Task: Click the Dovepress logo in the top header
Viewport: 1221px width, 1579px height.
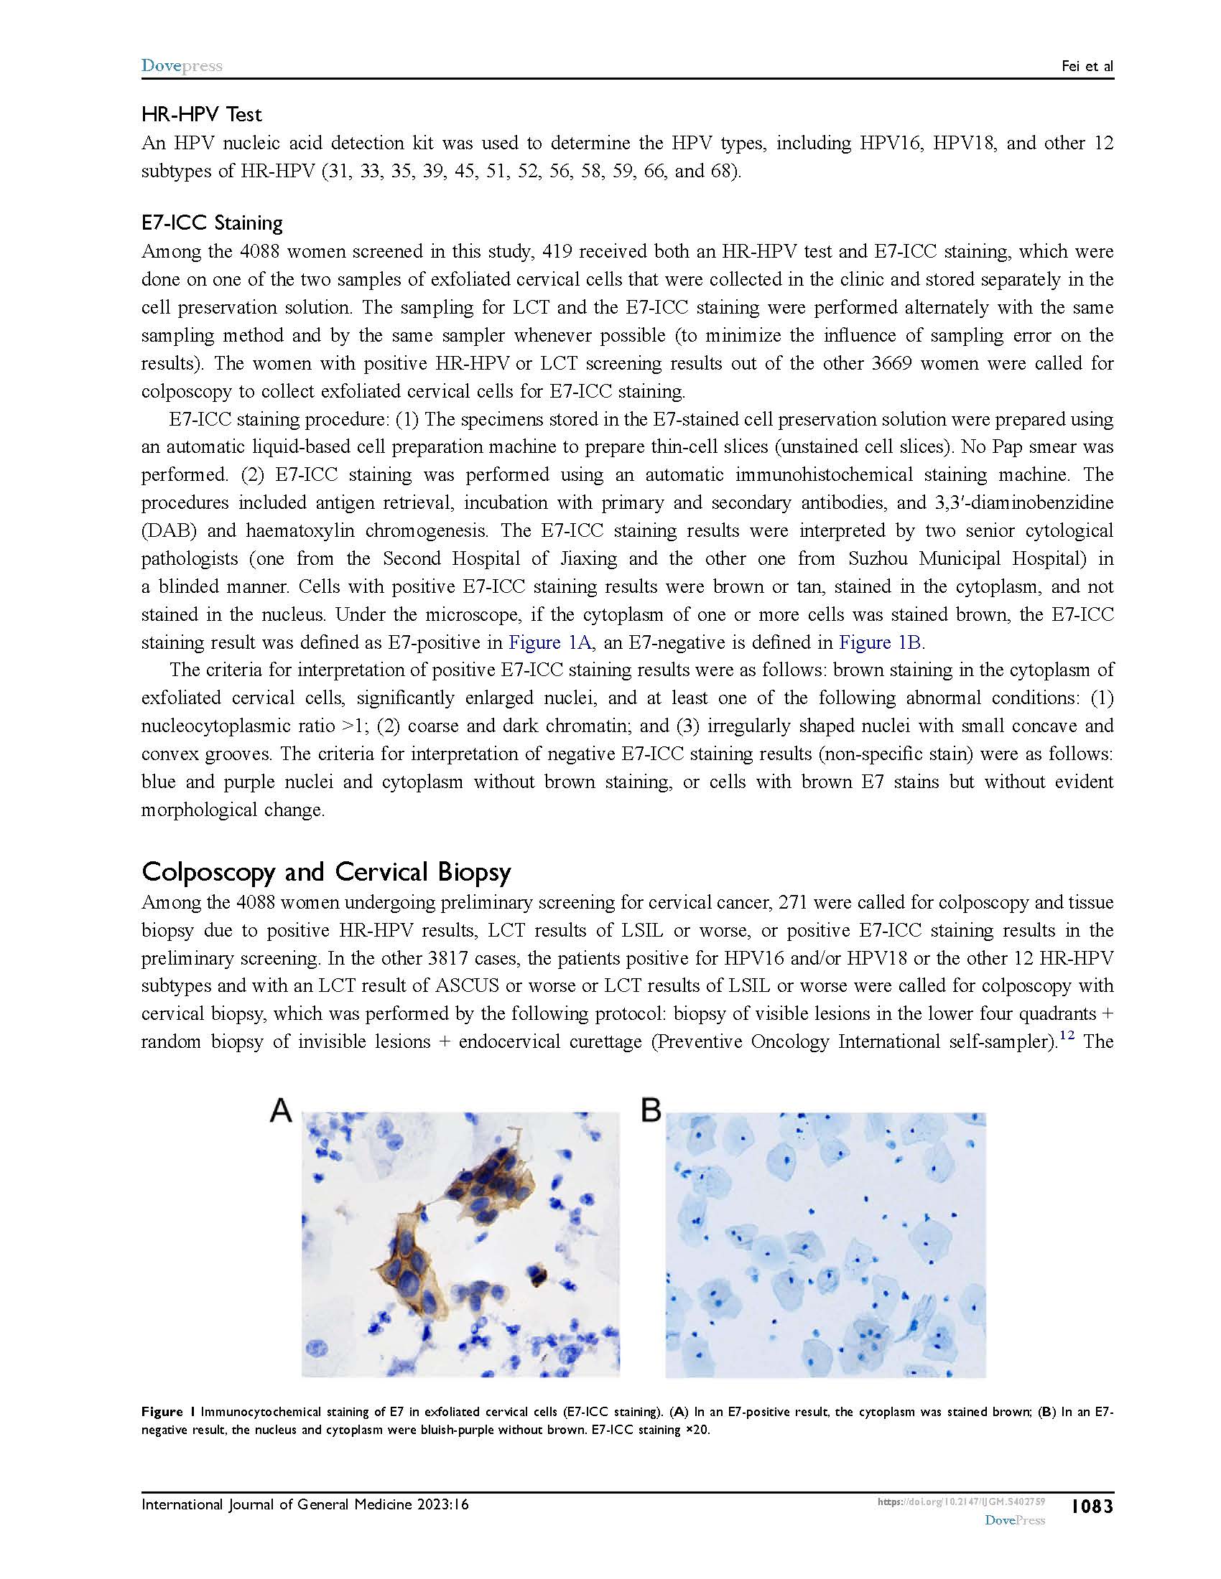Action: (182, 66)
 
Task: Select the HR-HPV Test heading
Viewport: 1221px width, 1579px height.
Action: (202, 114)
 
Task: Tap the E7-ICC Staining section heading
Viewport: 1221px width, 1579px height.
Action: (212, 222)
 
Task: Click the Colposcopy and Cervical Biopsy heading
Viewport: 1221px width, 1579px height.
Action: (326, 872)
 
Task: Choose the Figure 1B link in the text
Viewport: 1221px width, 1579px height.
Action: (880, 643)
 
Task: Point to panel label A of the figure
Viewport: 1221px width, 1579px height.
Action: (281, 1110)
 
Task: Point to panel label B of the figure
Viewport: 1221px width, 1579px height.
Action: (651, 1110)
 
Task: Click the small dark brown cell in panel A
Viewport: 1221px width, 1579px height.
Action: (537, 1276)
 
